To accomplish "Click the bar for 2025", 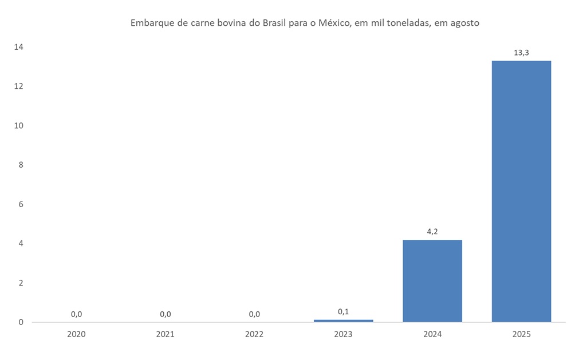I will pyautogui.click(x=521, y=191).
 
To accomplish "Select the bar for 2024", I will pyautogui.click(x=432, y=280).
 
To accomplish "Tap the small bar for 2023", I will pyautogui.click(x=343, y=321).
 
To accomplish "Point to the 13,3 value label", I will pyautogui.click(x=521, y=53).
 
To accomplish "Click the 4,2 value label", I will pyautogui.click(x=432, y=232).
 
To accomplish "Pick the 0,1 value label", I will pyautogui.click(x=343, y=311).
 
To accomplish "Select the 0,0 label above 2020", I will pyautogui.click(x=76, y=314).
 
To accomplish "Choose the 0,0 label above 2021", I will pyautogui.click(x=166, y=314).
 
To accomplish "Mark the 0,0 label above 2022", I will pyautogui.click(x=254, y=314).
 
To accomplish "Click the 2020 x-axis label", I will pyautogui.click(x=76, y=334).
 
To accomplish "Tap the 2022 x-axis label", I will pyautogui.click(x=254, y=334).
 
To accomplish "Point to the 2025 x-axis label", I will pyautogui.click(x=521, y=334).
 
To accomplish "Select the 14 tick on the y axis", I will pyautogui.click(x=19, y=47).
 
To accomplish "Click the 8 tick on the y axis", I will pyautogui.click(x=21, y=165).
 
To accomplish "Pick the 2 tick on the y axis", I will pyautogui.click(x=21, y=283).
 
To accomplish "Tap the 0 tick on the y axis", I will pyautogui.click(x=21, y=322).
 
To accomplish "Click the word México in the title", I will pyautogui.click(x=333, y=23).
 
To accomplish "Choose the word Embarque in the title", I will pyautogui.click(x=151, y=23).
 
